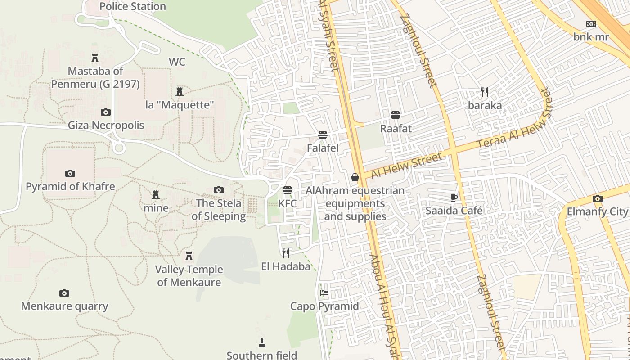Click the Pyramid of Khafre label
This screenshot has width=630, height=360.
click(70, 186)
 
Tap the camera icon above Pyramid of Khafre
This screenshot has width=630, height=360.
click(70, 173)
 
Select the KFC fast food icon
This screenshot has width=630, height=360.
click(288, 190)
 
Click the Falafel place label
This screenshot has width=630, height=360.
click(323, 148)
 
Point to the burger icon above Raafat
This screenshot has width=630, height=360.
click(396, 115)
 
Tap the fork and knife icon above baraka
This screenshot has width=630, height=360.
click(485, 92)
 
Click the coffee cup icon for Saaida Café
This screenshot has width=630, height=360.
click(454, 198)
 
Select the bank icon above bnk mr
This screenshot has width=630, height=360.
click(591, 24)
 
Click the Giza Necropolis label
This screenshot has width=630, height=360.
click(106, 125)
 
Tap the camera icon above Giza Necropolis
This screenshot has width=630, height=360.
click(106, 112)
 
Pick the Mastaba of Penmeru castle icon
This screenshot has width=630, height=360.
click(95, 58)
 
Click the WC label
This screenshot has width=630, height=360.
click(177, 62)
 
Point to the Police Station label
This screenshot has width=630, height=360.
click(133, 6)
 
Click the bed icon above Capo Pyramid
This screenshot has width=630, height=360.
click(324, 293)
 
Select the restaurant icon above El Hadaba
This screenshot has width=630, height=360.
click(286, 253)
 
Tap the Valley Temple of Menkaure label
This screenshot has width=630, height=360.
click(189, 276)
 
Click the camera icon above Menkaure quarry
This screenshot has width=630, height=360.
click(64, 293)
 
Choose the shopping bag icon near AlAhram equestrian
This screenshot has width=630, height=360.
click(355, 177)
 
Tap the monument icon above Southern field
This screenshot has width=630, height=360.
click(262, 343)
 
